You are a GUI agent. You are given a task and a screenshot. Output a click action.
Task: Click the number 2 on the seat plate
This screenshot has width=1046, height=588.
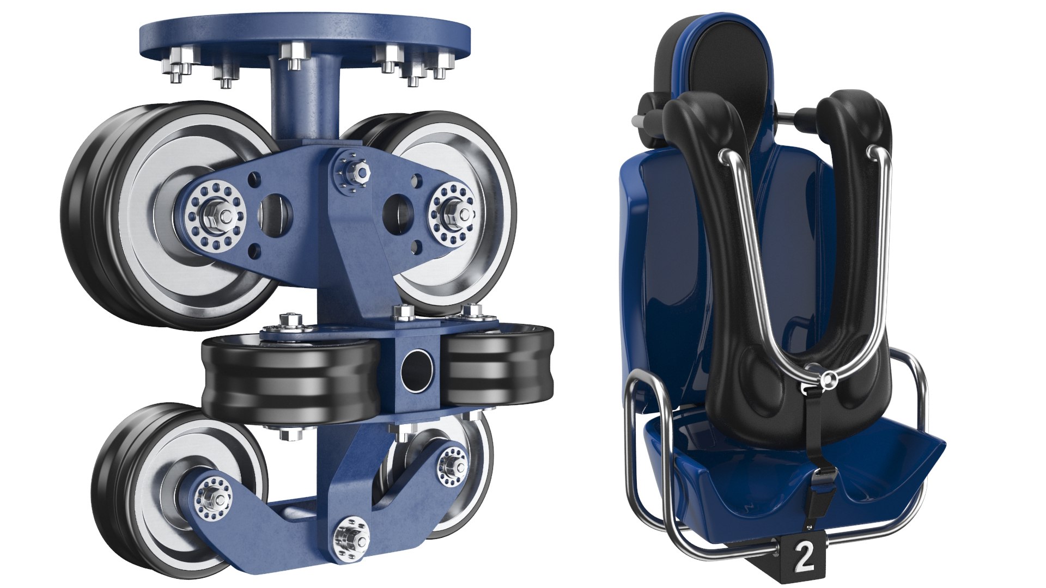[x=804, y=556]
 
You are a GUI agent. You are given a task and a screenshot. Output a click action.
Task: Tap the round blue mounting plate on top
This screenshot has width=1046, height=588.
[x=305, y=35]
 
